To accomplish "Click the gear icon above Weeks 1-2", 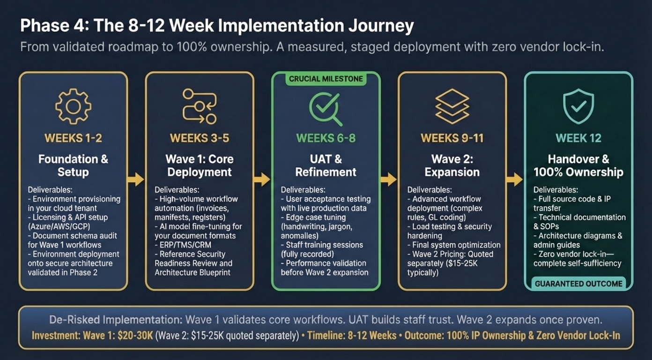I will [x=73, y=106].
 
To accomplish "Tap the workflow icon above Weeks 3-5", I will [x=200, y=106].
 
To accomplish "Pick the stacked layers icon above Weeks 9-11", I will [x=452, y=106].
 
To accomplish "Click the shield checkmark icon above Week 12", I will [x=578, y=106].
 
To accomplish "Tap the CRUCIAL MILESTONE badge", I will [x=326, y=79].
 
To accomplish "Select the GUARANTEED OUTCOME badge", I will [x=578, y=284].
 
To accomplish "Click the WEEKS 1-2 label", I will [x=73, y=138].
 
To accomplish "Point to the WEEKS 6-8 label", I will [x=326, y=138].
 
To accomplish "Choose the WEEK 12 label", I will [x=578, y=138].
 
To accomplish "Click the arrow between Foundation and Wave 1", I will [x=136, y=179].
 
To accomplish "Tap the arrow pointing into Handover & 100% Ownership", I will [x=515, y=179].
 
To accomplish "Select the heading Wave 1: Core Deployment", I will [x=200, y=165].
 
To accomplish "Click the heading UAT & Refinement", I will [x=326, y=165].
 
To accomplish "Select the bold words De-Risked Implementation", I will [x=115, y=320].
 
